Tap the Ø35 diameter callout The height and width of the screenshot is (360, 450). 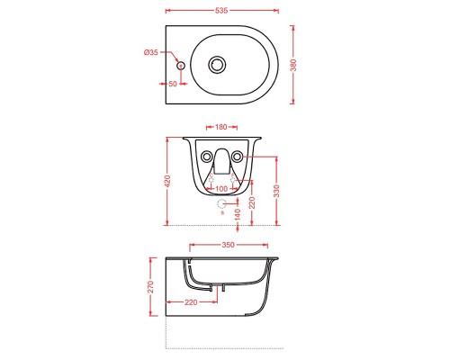(151, 53)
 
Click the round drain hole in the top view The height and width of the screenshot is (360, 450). (217, 65)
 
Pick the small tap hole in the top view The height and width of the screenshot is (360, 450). (180, 66)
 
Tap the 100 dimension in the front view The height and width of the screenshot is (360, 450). (220, 189)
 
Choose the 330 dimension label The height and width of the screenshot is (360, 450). (277, 191)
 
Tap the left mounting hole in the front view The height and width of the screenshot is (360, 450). (202, 157)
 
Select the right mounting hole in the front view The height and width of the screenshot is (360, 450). (238, 157)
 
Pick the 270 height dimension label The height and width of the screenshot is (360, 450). (152, 287)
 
